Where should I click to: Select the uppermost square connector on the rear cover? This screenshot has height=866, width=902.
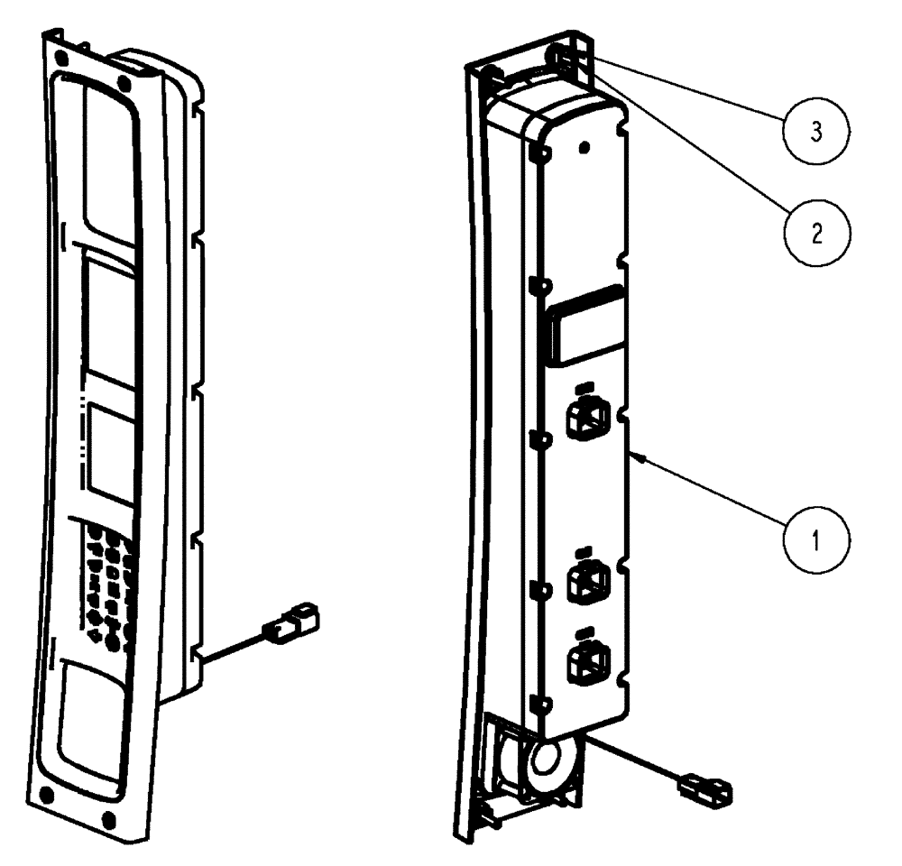(586, 417)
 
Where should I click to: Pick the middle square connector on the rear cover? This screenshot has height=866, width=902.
(585, 582)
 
